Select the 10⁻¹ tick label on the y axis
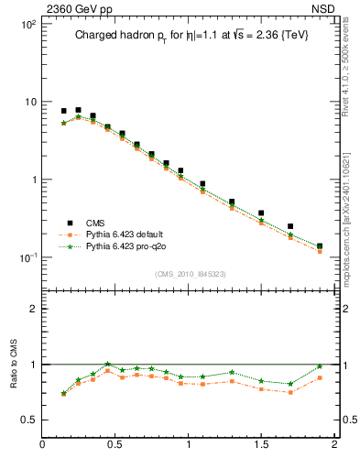27,256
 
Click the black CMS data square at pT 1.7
290,226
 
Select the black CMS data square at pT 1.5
261,213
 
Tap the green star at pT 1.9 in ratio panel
320,366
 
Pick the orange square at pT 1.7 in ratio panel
290,392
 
